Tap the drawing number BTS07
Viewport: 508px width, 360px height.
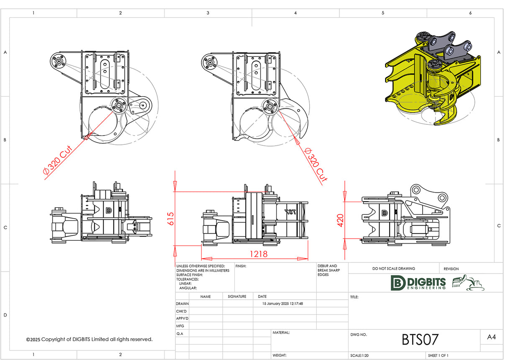(x=420, y=339)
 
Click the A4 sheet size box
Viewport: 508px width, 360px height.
(x=492, y=337)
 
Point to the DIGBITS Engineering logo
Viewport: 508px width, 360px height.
(x=418, y=283)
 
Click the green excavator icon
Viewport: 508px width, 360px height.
(x=468, y=283)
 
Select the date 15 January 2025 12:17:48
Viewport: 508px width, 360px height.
(x=282, y=303)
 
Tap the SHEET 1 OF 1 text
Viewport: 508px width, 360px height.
(x=438, y=355)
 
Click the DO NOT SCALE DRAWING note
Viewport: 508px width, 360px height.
(x=393, y=269)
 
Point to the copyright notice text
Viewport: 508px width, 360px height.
(x=89, y=339)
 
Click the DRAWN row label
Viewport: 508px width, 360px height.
(x=182, y=303)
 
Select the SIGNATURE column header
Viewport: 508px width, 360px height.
(x=237, y=296)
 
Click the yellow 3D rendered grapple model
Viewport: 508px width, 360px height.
(x=431, y=80)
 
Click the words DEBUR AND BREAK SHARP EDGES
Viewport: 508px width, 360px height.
(x=328, y=270)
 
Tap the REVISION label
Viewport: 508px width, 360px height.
(x=451, y=269)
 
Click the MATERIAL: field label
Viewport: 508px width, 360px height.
(x=281, y=333)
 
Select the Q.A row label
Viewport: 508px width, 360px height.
(x=180, y=333)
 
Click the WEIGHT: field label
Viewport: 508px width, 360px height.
(x=280, y=355)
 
